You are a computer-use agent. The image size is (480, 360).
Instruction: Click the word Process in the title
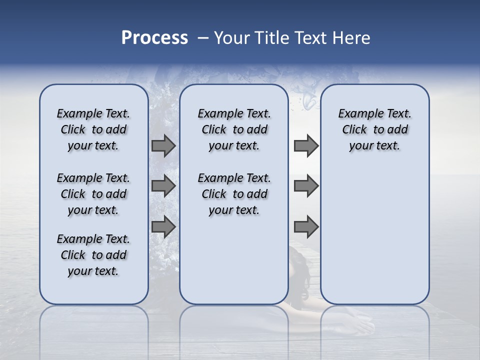(154, 38)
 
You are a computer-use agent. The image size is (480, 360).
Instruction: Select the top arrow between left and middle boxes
(163, 146)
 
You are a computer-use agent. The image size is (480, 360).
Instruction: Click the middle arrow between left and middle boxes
(163, 186)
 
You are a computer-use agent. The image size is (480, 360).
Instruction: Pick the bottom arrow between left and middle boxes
(163, 227)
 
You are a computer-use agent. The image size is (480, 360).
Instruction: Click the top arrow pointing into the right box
(306, 146)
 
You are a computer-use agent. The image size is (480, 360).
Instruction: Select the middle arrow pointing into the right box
(306, 186)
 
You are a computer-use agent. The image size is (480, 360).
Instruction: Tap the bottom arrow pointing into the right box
(306, 227)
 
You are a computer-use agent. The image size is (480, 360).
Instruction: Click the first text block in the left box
(93, 129)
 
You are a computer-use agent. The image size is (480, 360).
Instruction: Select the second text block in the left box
(93, 194)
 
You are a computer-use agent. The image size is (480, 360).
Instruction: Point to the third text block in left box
(93, 255)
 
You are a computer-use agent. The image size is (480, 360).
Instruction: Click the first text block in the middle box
(234, 129)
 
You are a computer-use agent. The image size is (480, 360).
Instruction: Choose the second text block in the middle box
(234, 194)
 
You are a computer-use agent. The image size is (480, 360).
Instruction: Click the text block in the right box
(374, 129)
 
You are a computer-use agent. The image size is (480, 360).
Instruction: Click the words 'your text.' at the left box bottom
(93, 271)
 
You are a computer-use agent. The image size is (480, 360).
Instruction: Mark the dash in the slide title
(203, 38)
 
